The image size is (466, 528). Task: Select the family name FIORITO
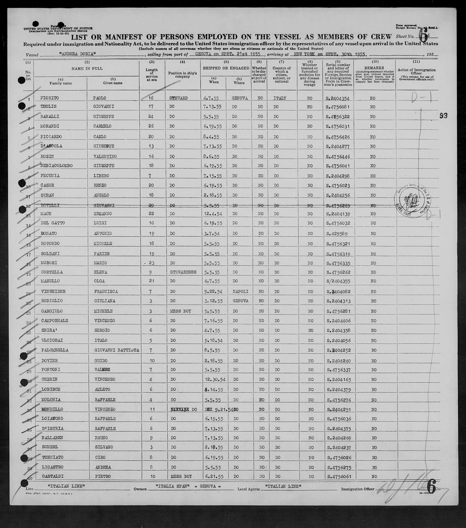coord(49,98)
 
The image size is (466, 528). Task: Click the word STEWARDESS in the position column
coord(183,272)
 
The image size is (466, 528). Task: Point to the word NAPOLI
coord(240,291)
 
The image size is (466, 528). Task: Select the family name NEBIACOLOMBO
coord(56,166)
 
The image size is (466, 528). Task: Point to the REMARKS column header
coord(374,68)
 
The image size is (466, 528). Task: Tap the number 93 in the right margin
coord(443,116)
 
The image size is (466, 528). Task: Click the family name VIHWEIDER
coord(53,291)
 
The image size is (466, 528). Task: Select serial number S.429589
coord(337,234)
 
